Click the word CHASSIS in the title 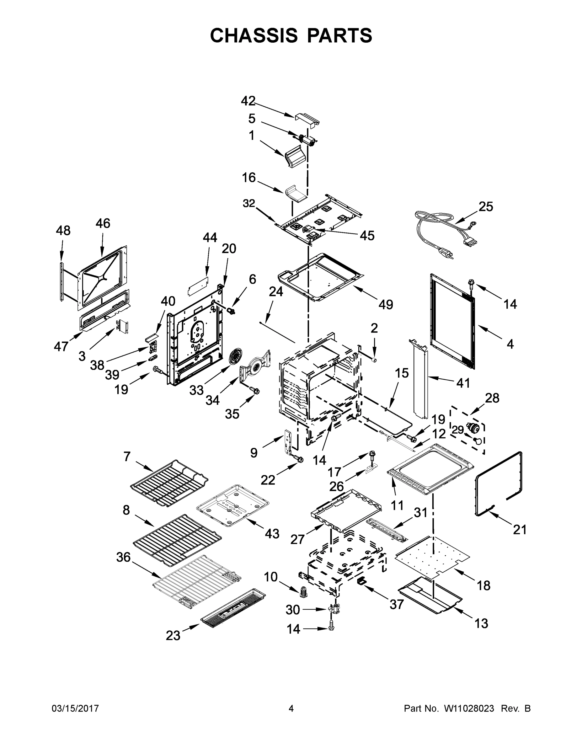tap(254, 35)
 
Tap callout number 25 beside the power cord tap(485, 206)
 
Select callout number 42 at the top tap(248, 101)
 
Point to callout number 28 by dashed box tap(492, 398)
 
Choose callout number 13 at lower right tap(481, 623)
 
